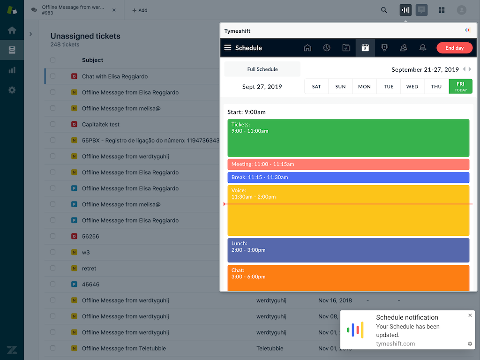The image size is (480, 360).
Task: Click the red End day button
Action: (454, 48)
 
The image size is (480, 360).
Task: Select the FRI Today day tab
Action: (460, 86)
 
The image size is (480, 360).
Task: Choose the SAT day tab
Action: (316, 86)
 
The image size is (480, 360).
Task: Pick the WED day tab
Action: (412, 86)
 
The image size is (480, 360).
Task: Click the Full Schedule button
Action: (262, 69)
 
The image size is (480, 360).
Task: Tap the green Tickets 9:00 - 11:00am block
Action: (348, 138)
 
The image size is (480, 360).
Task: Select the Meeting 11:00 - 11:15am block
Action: (348, 165)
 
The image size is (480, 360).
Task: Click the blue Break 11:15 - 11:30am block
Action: (348, 178)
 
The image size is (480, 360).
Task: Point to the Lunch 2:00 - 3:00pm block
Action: (348, 250)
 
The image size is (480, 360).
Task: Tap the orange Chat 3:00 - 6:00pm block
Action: (348, 277)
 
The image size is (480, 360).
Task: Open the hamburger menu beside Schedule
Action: (228, 48)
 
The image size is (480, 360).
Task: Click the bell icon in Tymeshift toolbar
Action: (423, 48)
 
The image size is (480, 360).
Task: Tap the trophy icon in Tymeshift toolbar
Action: (384, 48)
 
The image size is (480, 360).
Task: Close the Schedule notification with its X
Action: (470, 315)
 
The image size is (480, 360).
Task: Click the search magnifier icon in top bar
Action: (384, 10)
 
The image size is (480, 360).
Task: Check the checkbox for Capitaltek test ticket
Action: (53, 124)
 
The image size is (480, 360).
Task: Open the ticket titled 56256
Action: (90, 237)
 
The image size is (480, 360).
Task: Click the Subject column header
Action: (92, 60)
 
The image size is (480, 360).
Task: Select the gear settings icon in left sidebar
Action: (12, 90)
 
